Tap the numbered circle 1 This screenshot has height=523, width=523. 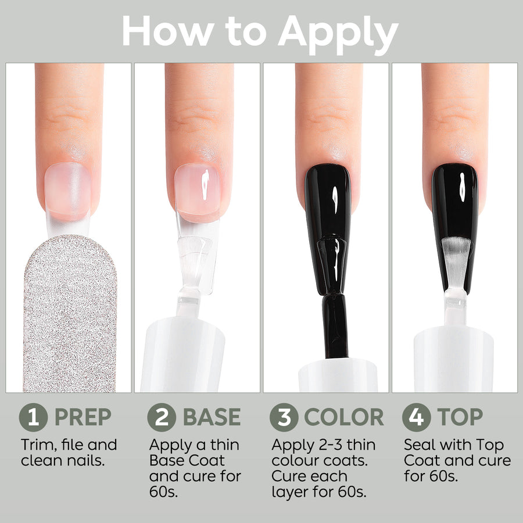[x=33, y=417]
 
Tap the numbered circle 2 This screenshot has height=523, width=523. [x=162, y=417]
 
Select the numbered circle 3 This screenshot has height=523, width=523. [x=284, y=417]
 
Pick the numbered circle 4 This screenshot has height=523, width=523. [x=416, y=417]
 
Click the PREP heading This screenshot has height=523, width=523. [x=83, y=417]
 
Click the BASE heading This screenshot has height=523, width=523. [x=212, y=417]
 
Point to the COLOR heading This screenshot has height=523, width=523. [x=344, y=417]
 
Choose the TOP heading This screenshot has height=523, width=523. [x=460, y=417]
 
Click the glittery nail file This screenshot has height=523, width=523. [x=70, y=314]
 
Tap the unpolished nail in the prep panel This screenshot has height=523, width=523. [x=68, y=191]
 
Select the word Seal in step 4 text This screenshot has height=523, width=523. [x=418, y=445]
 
